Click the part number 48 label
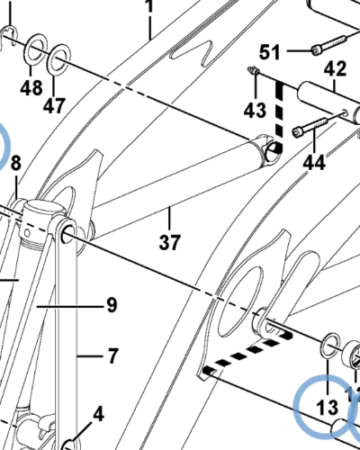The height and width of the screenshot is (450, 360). pyautogui.click(x=31, y=88)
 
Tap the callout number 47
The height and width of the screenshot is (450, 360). pyautogui.click(x=54, y=105)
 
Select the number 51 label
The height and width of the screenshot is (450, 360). pyautogui.click(x=269, y=52)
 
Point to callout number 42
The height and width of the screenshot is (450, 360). pyautogui.click(x=335, y=68)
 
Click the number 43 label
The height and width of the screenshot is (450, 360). pyautogui.click(x=255, y=110)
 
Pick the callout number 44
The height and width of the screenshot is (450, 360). pyautogui.click(x=314, y=163)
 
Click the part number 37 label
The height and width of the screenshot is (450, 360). pyautogui.click(x=170, y=242)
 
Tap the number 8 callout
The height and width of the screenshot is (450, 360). pyautogui.click(x=16, y=164)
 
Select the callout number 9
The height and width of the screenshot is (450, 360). pyautogui.click(x=112, y=305)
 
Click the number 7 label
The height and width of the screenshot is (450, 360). pyautogui.click(x=112, y=356)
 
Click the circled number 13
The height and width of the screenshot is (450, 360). pyautogui.click(x=328, y=408)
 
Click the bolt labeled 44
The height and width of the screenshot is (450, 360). pyautogui.click(x=310, y=128)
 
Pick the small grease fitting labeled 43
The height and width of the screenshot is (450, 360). pyautogui.click(x=253, y=70)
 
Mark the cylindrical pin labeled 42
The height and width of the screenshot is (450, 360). pyautogui.click(x=329, y=101)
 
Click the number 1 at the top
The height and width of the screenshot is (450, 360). pyautogui.click(x=149, y=6)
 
